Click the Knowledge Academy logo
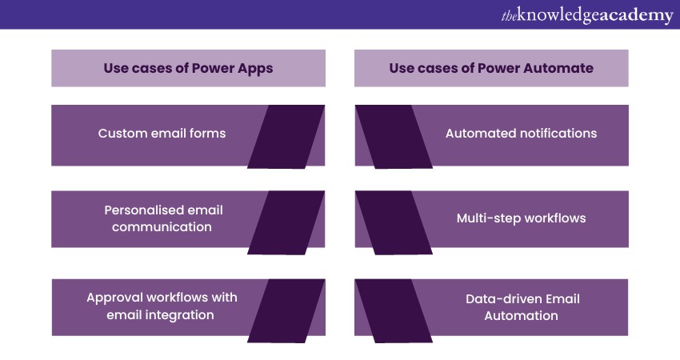click(x=586, y=14)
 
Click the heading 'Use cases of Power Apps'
click(x=188, y=68)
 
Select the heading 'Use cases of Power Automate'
click(x=491, y=68)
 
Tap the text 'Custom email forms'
click(x=162, y=133)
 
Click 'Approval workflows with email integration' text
click(x=162, y=306)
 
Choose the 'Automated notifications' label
click(x=521, y=133)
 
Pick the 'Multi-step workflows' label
click(x=521, y=218)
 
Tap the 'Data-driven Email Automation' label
click(x=522, y=306)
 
